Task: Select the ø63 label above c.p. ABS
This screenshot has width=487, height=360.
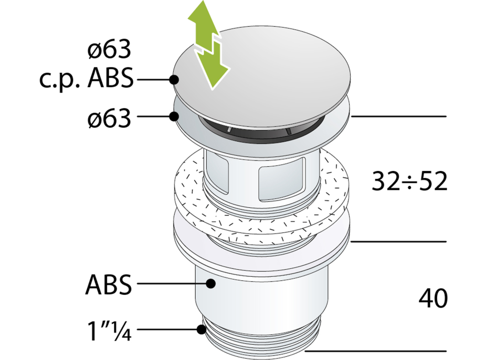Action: point(109,50)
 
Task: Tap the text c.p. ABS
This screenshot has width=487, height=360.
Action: point(87,79)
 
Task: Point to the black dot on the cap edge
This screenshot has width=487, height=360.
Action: point(175,80)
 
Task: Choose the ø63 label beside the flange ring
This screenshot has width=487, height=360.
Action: point(109,119)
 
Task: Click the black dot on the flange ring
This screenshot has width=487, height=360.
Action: point(174,117)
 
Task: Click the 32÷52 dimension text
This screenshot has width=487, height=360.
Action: point(409,182)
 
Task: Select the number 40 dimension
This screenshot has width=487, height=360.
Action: point(433,298)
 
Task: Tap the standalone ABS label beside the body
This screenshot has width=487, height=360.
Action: point(109,284)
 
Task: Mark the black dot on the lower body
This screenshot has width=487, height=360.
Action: point(211,283)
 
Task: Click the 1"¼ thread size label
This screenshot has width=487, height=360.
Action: point(109,331)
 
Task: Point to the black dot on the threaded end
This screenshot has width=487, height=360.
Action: point(202,329)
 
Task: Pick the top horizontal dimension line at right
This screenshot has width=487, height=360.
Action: point(399,117)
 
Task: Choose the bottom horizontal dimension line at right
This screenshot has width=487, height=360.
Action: point(376,351)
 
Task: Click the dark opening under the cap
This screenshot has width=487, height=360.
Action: point(261,130)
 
